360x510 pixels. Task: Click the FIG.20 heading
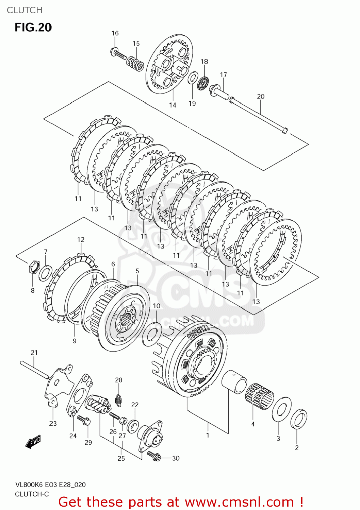coord(33,27)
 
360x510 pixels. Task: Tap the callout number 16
coord(115,33)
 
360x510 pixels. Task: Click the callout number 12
coord(81,240)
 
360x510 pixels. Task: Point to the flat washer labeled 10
coord(152,334)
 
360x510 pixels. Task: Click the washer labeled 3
coord(281,409)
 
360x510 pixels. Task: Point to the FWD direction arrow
coord(33,442)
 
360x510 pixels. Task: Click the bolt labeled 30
coord(151,455)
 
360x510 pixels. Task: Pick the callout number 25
coord(121,459)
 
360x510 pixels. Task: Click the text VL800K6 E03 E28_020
coord(50,485)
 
